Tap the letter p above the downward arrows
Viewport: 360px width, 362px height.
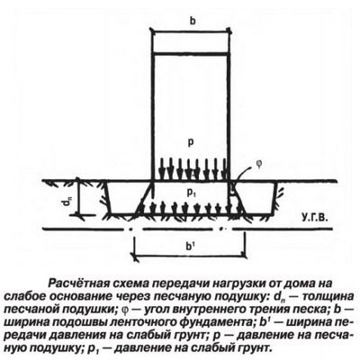[x=190, y=143]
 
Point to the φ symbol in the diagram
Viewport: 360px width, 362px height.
[x=258, y=165]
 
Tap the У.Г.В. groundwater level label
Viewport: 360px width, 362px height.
[x=315, y=216]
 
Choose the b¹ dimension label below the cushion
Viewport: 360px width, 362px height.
[x=189, y=247]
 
